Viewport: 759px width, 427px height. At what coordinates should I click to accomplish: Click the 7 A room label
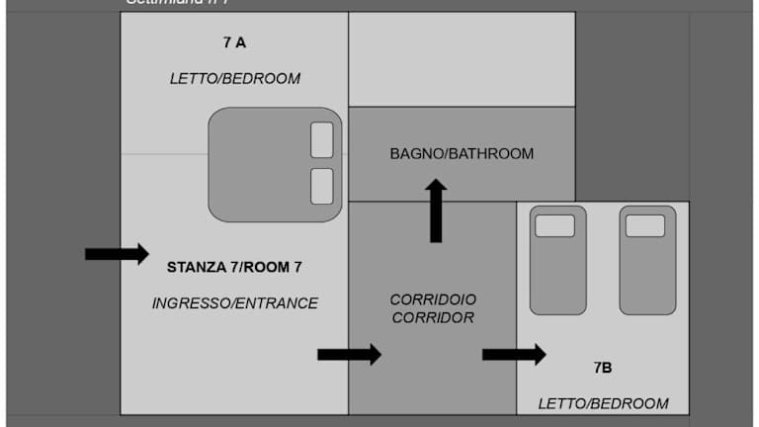click(x=234, y=43)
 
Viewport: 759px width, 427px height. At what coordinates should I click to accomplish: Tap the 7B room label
click(x=603, y=368)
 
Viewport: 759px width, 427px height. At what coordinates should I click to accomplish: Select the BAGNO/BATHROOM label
click(x=462, y=153)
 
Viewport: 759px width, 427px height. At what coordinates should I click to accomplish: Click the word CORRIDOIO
click(x=433, y=299)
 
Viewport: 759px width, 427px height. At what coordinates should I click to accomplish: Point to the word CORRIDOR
click(x=433, y=317)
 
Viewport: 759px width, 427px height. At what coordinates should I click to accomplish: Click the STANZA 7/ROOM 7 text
click(x=234, y=267)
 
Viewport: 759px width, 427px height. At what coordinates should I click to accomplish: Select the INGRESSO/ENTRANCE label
click(x=234, y=303)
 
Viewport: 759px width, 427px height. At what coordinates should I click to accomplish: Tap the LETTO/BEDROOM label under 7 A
click(x=234, y=78)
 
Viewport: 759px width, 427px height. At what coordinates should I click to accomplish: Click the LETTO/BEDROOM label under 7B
click(x=603, y=403)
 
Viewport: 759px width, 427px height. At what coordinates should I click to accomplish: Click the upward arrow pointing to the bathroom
click(x=435, y=210)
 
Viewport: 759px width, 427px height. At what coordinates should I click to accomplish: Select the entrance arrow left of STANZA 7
click(x=117, y=254)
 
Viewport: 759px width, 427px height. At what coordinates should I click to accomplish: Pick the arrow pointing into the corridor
click(x=349, y=354)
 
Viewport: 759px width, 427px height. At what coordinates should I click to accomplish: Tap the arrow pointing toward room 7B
click(x=514, y=354)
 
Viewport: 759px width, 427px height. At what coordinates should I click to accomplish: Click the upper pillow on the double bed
click(x=322, y=140)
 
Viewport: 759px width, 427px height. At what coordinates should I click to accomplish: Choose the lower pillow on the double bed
click(x=322, y=186)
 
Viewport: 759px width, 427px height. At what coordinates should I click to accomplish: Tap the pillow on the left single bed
click(x=554, y=226)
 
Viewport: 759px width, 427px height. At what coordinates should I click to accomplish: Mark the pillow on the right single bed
click(x=645, y=226)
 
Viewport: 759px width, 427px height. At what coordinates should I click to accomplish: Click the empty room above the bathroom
click(x=462, y=58)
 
